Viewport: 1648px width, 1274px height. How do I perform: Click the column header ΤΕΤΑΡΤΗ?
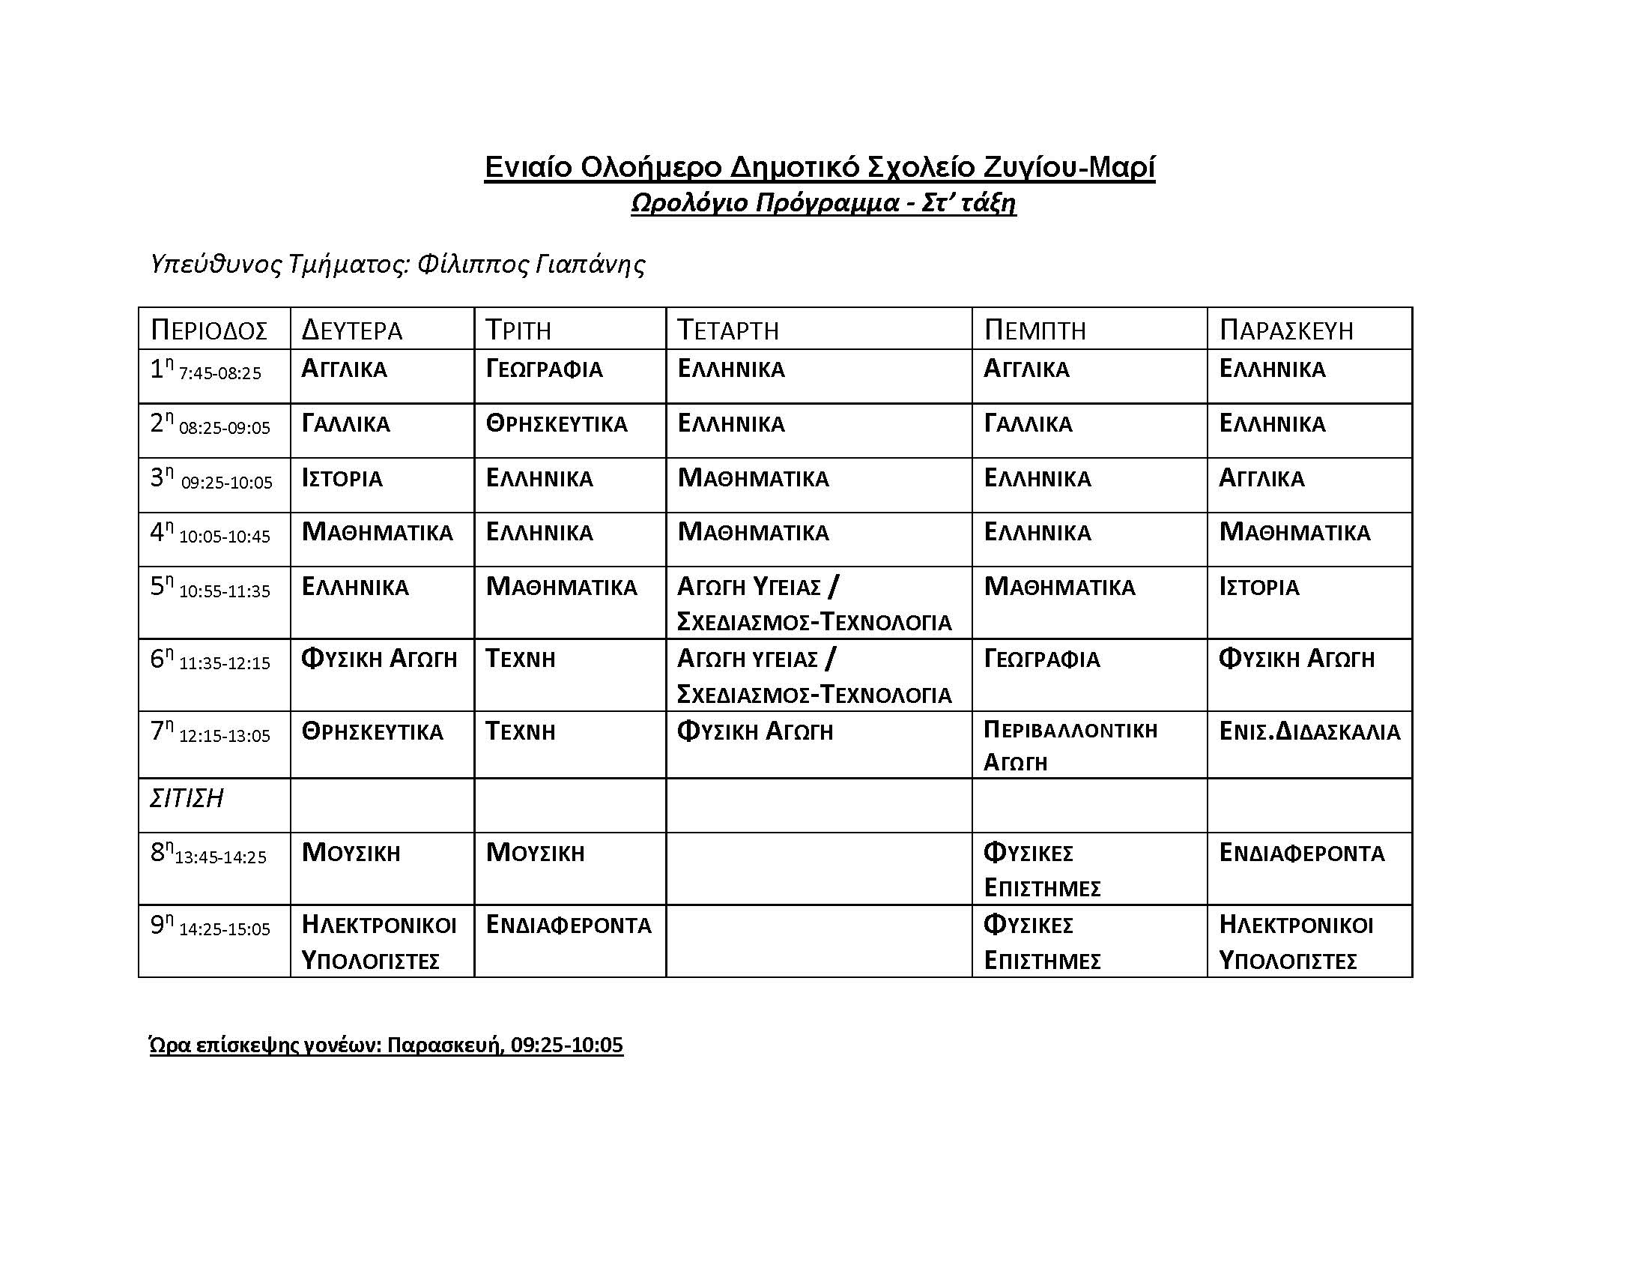tap(727, 330)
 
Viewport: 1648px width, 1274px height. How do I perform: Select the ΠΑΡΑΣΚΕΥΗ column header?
tap(1285, 330)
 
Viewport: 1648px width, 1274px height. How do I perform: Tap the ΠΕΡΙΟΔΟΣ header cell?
tap(209, 330)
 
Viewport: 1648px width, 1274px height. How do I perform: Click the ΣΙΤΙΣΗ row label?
tap(187, 799)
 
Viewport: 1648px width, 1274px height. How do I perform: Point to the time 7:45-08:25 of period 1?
tap(219, 373)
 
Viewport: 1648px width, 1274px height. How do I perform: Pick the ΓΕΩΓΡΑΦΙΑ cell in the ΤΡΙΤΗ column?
tap(544, 369)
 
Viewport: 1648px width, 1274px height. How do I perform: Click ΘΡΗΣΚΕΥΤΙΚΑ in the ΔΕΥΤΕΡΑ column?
tap(372, 731)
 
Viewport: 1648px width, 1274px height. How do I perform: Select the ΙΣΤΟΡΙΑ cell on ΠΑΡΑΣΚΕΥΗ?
tap(1258, 588)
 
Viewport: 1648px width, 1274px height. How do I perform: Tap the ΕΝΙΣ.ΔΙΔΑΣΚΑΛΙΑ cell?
tap(1309, 731)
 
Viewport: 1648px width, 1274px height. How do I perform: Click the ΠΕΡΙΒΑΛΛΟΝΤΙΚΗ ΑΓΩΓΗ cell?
tap(1069, 746)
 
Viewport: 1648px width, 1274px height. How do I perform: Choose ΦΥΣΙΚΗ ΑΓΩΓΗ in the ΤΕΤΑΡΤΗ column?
tap(754, 731)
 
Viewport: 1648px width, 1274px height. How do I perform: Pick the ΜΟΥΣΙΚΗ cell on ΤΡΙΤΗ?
tap(535, 853)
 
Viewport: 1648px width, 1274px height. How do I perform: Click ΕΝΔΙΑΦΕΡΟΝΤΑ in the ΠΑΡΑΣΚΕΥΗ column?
tap(1302, 853)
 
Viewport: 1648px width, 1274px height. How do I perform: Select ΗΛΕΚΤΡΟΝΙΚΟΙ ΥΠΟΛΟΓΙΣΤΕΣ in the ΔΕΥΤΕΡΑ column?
tap(378, 943)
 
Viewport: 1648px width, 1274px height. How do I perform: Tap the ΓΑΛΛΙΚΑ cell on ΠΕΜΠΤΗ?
tap(1028, 423)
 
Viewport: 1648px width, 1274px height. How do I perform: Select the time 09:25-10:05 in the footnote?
tap(567, 1045)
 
